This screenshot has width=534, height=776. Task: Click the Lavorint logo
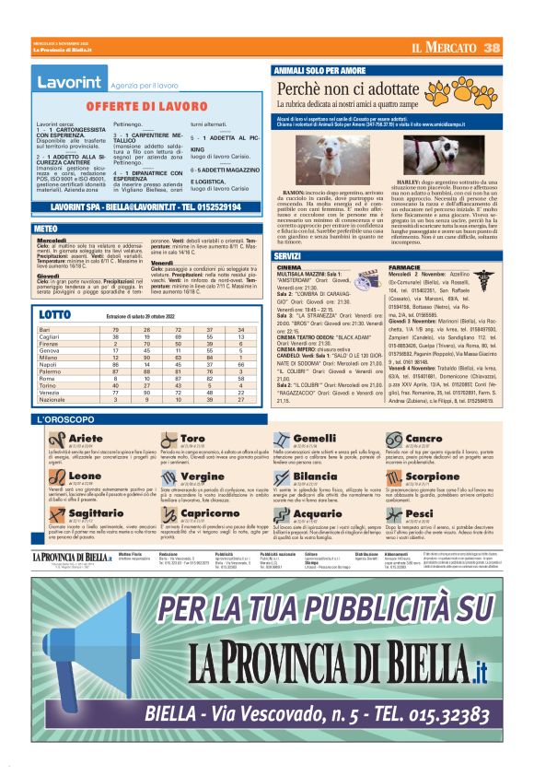[69, 83]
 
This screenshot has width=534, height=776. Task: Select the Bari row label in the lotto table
[43, 329]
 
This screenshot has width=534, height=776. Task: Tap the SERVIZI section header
[292, 255]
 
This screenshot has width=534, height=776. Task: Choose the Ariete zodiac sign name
[86, 438]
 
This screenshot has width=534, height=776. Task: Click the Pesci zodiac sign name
[444, 512]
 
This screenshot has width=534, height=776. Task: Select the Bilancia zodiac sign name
[316, 476]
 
